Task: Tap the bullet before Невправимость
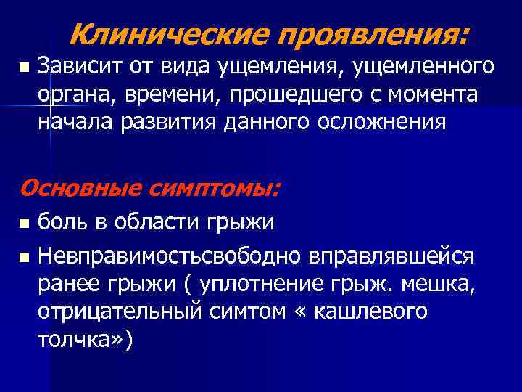pyautogui.click(x=24, y=256)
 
